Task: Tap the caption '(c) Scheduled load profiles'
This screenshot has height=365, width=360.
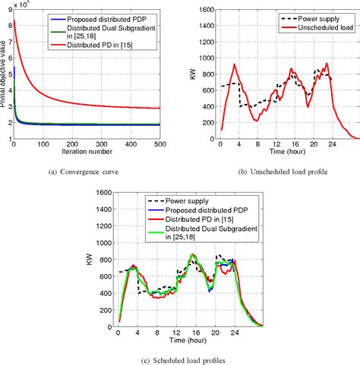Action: pos(180,358)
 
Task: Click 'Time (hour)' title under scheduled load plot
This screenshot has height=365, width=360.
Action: pos(191,338)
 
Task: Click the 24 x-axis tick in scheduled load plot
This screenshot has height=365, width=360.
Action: pos(235,331)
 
